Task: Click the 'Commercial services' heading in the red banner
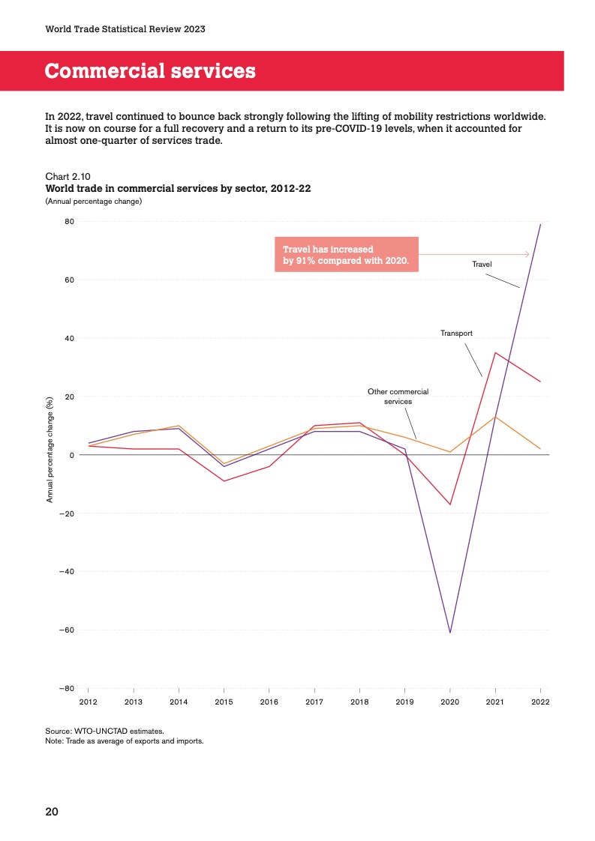tap(150, 71)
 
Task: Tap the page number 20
tap(52, 812)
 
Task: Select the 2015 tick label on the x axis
tap(224, 702)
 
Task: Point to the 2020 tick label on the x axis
tap(450, 702)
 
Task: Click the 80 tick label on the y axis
tap(69, 222)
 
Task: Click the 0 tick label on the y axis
tap(71, 455)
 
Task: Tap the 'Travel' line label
tap(482, 264)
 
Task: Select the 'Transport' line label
tap(456, 332)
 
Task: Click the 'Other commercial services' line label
tap(398, 396)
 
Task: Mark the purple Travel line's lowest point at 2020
tap(450, 633)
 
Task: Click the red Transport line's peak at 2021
tap(495, 352)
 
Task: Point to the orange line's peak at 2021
tap(495, 417)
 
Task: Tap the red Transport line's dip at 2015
tap(224, 480)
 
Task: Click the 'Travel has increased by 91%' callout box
tap(346, 255)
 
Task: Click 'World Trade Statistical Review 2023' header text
tap(125, 29)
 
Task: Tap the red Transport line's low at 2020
tap(450, 504)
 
